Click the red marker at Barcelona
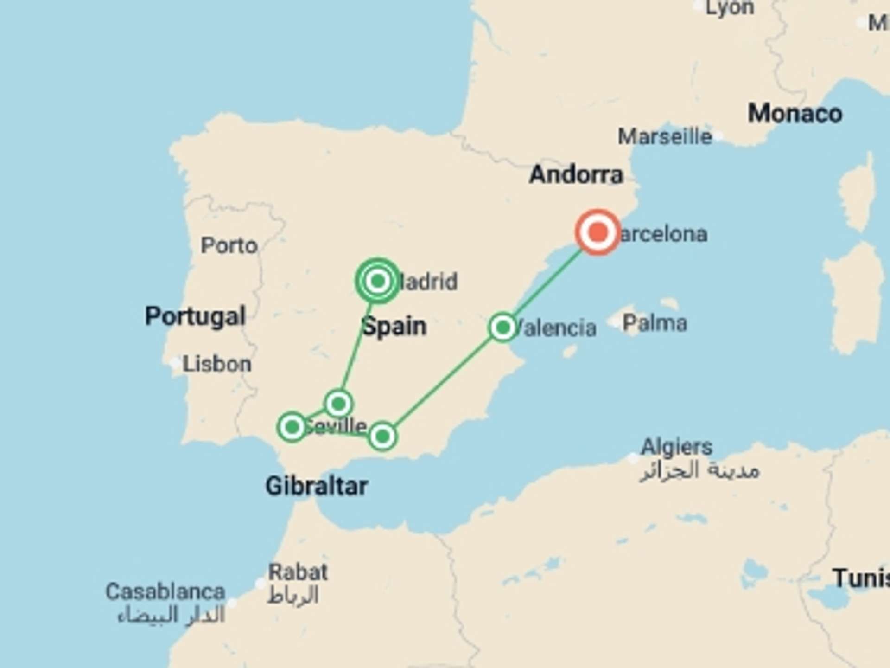pos(598,232)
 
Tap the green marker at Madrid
pos(378,281)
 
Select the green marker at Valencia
pos(502,328)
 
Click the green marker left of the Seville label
pos(292,426)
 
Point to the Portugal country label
pos(195,316)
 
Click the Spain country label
pos(394,326)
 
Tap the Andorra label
pos(576,175)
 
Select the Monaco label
pos(795,114)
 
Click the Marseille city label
pos(665,137)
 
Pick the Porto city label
pos(229,245)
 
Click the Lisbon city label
pos(217,364)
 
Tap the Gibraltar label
pos(317,487)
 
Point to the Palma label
pos(654,323)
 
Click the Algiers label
pos(676,447)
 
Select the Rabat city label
pos(298,572)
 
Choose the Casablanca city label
pos(165,592)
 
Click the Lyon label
pos(730,8)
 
